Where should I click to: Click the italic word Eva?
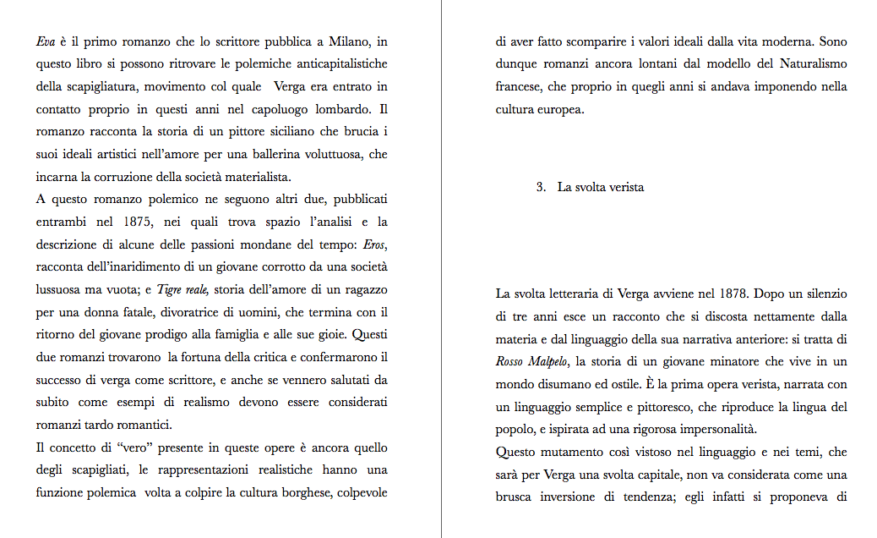click(45, 41)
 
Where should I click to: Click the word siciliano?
click(248, 132)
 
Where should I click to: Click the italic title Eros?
click(374, 245)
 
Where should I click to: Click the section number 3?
click(540, 187)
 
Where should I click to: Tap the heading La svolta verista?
click(601, 187)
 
